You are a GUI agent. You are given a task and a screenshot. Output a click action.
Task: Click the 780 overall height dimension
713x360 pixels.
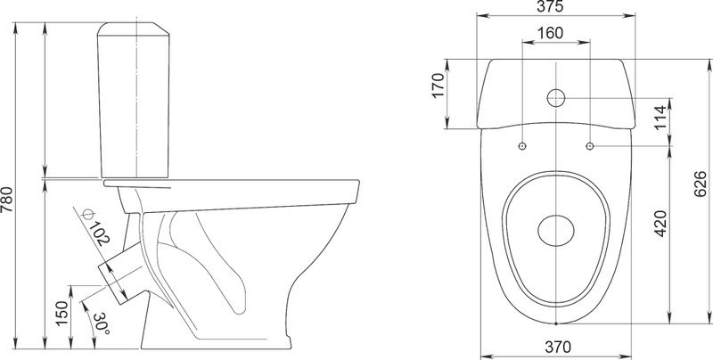pos(7,200)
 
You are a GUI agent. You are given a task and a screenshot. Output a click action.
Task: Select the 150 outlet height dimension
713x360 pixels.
pos(61,313)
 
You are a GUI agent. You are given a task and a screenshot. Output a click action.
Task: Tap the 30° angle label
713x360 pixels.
pos(102,323)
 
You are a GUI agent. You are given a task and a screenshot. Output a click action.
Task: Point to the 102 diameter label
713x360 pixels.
pos(99,233)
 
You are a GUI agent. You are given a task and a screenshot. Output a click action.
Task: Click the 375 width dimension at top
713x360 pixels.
pos(550,6)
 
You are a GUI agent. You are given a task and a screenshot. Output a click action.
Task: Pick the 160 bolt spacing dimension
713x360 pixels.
pos(550,33)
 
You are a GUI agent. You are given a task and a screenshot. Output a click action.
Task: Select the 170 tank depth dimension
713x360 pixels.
pos(438,85)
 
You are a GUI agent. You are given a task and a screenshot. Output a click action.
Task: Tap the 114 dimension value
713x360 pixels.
pos(660,118)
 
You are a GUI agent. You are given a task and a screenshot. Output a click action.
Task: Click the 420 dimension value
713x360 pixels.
pos(660,223)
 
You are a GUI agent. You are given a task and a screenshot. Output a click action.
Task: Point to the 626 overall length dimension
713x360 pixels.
pos(701,184)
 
